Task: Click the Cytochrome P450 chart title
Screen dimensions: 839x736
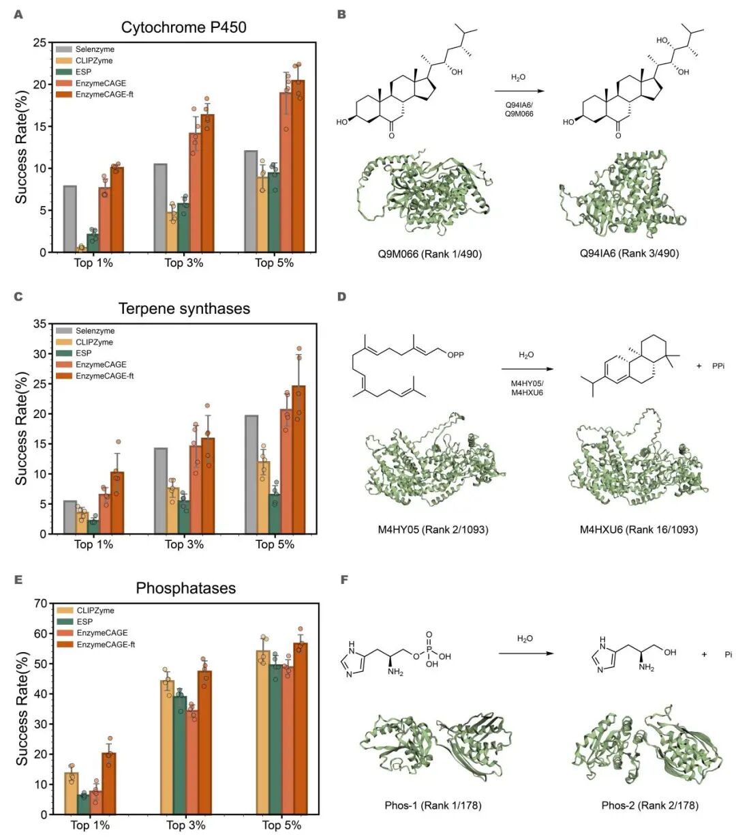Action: click(183, 27)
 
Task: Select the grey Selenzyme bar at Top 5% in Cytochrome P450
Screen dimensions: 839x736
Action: click(251, 201)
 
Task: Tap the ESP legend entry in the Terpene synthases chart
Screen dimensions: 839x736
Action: click(83, 353)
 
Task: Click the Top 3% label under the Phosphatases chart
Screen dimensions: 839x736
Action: click(186, 825)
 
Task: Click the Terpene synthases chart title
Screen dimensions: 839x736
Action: click(184, 308)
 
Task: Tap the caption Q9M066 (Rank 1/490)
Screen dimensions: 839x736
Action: click(430, 254)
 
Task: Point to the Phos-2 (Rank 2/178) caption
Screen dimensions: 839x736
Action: click(649, 806)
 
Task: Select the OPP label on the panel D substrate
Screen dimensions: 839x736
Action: click(456, 355)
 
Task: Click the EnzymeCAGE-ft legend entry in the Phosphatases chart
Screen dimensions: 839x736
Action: click(105, 645)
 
